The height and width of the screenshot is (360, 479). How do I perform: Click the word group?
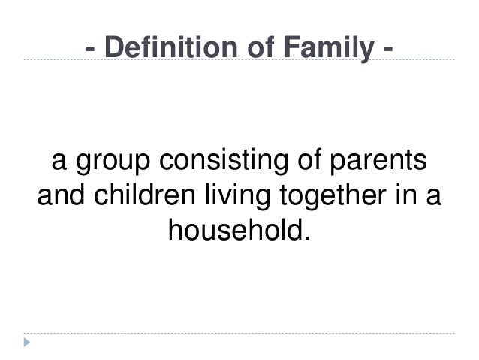click(111, 163)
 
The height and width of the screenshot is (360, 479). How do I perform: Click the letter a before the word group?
click(58, 165)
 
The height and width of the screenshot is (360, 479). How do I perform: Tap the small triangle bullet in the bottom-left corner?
click(28, 343)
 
